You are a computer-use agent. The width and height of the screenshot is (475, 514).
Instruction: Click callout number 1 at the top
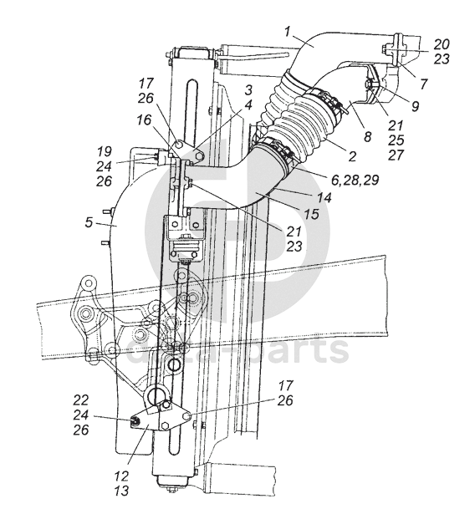[288, 32]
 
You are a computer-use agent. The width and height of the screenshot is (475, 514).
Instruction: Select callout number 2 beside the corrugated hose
[352, 156]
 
